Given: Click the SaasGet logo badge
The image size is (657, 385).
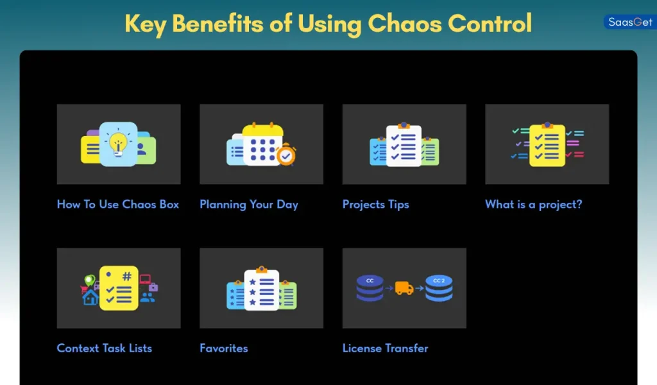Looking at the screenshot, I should pos(629,22).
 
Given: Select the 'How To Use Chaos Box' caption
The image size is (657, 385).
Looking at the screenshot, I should pos(118,204).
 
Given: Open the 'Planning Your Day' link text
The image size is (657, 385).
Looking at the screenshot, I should pos(249,204).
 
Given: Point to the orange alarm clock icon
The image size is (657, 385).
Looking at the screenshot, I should pos(286,155).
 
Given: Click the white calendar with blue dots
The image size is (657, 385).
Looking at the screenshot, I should pos(262,144).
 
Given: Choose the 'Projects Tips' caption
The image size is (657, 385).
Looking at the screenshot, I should pos(375,204).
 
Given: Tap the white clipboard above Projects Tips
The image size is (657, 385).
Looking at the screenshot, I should pos(404,145).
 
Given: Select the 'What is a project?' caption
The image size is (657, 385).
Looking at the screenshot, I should pos(533,204).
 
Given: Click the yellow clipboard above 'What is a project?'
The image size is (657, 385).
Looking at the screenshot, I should pos(547,145).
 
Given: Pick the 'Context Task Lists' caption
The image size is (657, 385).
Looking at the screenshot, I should pos(105,348).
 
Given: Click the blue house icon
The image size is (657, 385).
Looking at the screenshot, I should pos(90,297).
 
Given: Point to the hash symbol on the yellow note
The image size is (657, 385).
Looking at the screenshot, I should pos(126,277).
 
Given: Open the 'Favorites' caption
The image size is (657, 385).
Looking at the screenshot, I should pos(224,348).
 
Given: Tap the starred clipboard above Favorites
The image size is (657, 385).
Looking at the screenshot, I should pos(261,289).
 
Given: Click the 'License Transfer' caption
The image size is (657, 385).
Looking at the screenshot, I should pos(385,348).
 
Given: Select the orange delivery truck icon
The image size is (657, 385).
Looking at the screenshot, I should pos(404,288).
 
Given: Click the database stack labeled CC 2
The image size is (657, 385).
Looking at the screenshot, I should pos(439,288).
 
